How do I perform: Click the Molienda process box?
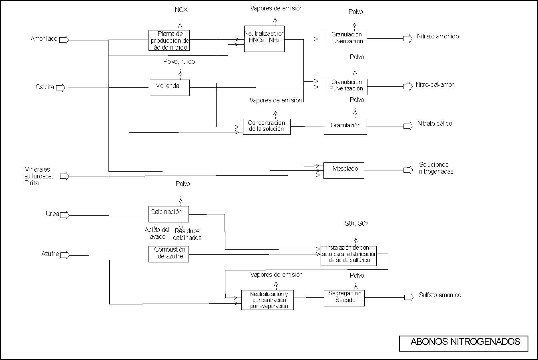169,88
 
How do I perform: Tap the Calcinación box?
168,214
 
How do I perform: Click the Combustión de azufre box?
169,254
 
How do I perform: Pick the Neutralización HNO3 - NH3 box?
264,39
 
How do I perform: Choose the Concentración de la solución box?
267,126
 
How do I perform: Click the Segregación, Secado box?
344,298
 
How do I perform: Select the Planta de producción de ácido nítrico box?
169,40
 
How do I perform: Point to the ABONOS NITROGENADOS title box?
464,343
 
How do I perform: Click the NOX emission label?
181,10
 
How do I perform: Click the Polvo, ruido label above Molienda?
179,62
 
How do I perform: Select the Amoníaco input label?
44,39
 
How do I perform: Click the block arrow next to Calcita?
60,88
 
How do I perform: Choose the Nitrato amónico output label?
438,36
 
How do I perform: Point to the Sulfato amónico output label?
440,295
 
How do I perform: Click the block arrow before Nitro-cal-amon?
408,86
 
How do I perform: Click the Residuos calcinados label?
187,234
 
